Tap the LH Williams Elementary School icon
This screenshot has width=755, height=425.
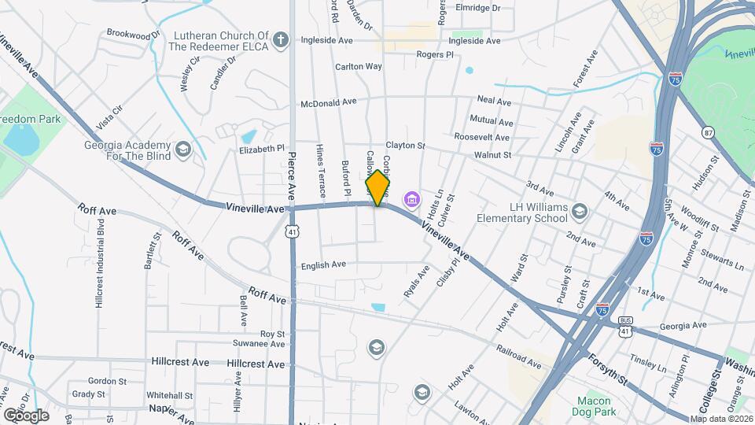580,211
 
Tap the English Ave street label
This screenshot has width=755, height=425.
324,266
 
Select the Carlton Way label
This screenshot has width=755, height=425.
359,67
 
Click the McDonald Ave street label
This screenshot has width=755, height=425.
329,102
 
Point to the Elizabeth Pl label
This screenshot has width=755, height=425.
262,148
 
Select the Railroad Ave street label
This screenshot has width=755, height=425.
518,355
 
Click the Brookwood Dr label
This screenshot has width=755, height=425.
133,34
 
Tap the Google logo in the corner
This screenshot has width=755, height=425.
26,415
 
